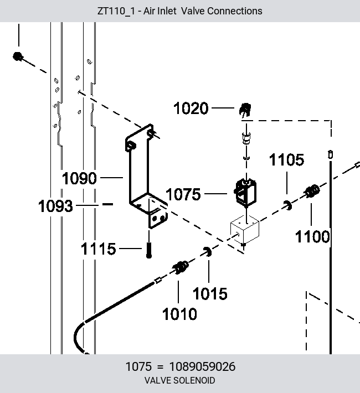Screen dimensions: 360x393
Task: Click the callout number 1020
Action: [191, 108]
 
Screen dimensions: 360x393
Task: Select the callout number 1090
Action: [79, 178]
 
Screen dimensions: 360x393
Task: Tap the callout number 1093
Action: [55, 206]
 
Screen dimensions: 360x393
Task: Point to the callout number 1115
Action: [99, 249]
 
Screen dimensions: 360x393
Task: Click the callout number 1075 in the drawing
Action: [183, 194]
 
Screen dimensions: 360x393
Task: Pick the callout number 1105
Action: [286, 159]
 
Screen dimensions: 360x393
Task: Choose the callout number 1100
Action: [312, 237]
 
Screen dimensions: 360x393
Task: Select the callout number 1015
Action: [210, 293]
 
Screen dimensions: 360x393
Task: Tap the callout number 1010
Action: [179, 314]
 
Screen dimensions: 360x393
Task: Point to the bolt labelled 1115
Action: [149, 250]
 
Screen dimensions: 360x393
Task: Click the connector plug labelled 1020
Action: [245, 110]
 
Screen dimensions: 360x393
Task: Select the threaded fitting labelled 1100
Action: [312, 191]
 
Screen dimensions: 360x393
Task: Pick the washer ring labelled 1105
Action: [288, 205]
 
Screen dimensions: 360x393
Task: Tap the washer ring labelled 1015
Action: [207, 252]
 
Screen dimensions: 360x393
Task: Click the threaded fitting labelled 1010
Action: [181, 267]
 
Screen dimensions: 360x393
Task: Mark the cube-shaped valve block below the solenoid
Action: [245, 229]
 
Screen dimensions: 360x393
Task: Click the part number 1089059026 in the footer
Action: [203, 366]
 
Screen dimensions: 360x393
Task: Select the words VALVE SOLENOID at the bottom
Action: [180, 380]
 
